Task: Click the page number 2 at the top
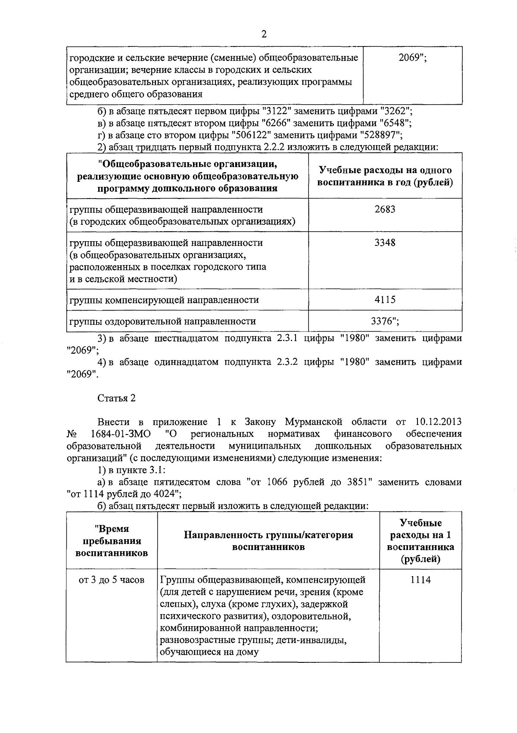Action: (x=264, y=34)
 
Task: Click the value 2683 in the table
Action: (x=385, y=209)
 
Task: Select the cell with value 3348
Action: (x=385, y=242)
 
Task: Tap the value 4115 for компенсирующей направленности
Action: (x=385, y=299)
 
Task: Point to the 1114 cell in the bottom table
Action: (x=420, y=580)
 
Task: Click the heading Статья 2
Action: (x=116, y=398)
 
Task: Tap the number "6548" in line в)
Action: (x=393, y=123)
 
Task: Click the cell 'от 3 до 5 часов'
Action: (x=111, y=580)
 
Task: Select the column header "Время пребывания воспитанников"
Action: (x=111, y=541)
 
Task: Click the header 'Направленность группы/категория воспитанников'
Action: (x=268, y=541)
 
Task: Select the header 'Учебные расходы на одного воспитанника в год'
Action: (x=385, y=176)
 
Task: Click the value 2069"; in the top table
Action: (x=412, y=58)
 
